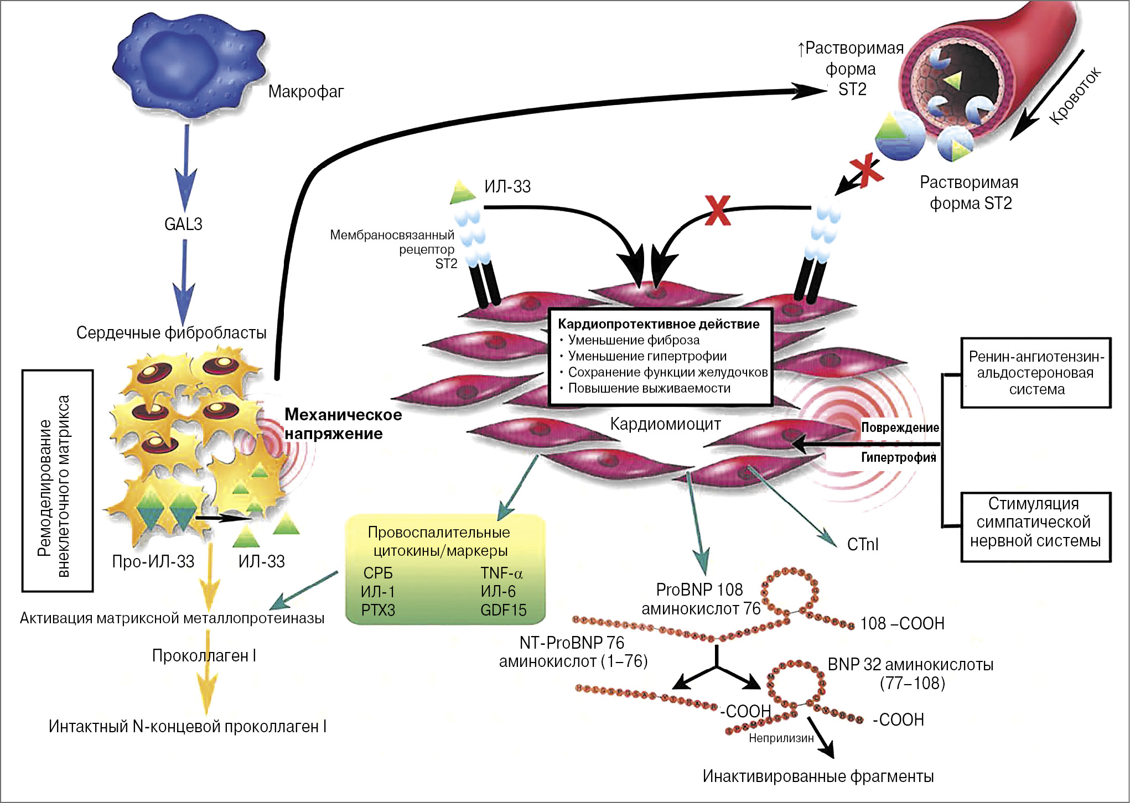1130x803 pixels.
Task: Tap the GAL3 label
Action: tap(183, 224)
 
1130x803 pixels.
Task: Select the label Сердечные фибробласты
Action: tap(171, 332)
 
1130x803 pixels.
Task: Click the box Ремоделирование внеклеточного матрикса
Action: tap(57, 480)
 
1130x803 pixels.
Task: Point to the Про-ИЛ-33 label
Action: tap(153, 561)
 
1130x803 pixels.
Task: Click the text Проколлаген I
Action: tap(204, 655)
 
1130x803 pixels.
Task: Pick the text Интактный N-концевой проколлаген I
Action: tap(187, 726)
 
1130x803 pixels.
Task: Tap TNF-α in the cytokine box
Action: tap(501, 573)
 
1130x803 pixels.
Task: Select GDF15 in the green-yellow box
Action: tap(503, 610)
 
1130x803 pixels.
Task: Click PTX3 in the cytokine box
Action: tap(378, 610)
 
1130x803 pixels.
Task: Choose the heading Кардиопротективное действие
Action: tap(659, 324)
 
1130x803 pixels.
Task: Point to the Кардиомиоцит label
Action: tap(665, 424)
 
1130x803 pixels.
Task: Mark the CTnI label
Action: tap(863, 545)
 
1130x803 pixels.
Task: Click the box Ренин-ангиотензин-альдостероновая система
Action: tap(1035, 373)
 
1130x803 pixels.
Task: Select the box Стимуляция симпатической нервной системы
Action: tap(1035, 522)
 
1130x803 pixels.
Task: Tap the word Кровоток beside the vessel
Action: tap(1075, 97)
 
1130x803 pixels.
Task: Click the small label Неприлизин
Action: tap(781, 738)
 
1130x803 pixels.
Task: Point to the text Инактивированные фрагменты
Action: tap(818, 776)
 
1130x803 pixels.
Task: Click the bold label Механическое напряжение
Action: tap(343, 424)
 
